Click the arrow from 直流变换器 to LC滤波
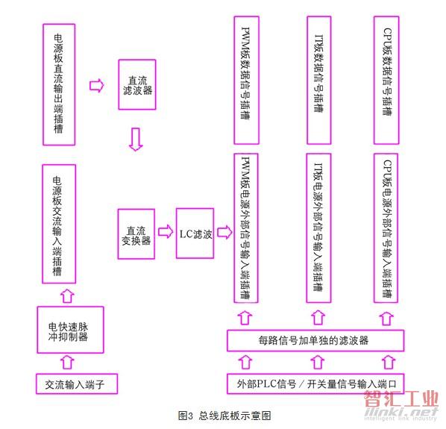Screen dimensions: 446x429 click(166, 232)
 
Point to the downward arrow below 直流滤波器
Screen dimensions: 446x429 click(136, 140)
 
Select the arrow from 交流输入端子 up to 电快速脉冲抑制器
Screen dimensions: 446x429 click(67, 362)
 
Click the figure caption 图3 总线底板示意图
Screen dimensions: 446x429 click(224, 416)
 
